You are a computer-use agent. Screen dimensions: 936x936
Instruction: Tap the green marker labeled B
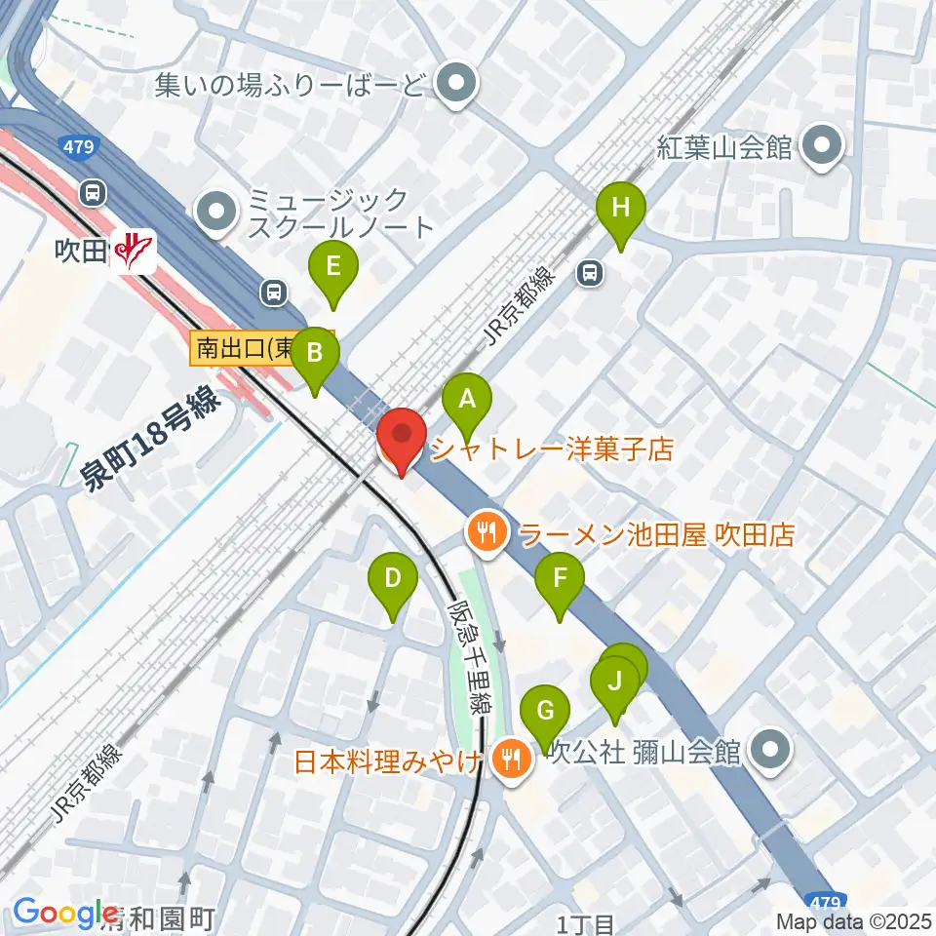315,353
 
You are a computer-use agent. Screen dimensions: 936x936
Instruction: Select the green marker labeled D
393,580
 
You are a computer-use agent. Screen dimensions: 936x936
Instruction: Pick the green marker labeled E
333,266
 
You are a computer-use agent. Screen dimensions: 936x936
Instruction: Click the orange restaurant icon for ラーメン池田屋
486,531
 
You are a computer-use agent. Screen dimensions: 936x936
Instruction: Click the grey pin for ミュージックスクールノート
215,212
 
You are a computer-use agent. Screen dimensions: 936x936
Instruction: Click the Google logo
65,912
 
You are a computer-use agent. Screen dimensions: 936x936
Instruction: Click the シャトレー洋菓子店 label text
552,449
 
